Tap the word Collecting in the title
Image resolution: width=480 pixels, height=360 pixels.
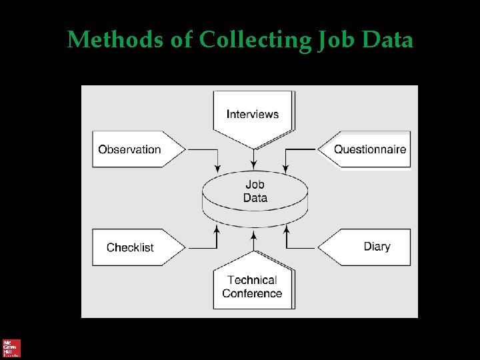254,40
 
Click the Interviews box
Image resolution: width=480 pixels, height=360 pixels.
253,115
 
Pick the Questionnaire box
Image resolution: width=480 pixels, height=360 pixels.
369,149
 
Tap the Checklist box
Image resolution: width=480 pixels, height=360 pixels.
131,247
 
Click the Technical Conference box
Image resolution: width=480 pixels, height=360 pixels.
253,287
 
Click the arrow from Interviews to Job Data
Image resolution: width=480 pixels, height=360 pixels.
253,159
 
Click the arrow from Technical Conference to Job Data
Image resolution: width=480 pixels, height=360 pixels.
253,240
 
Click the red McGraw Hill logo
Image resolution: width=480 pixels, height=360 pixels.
12,348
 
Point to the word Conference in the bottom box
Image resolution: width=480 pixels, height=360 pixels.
252,293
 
